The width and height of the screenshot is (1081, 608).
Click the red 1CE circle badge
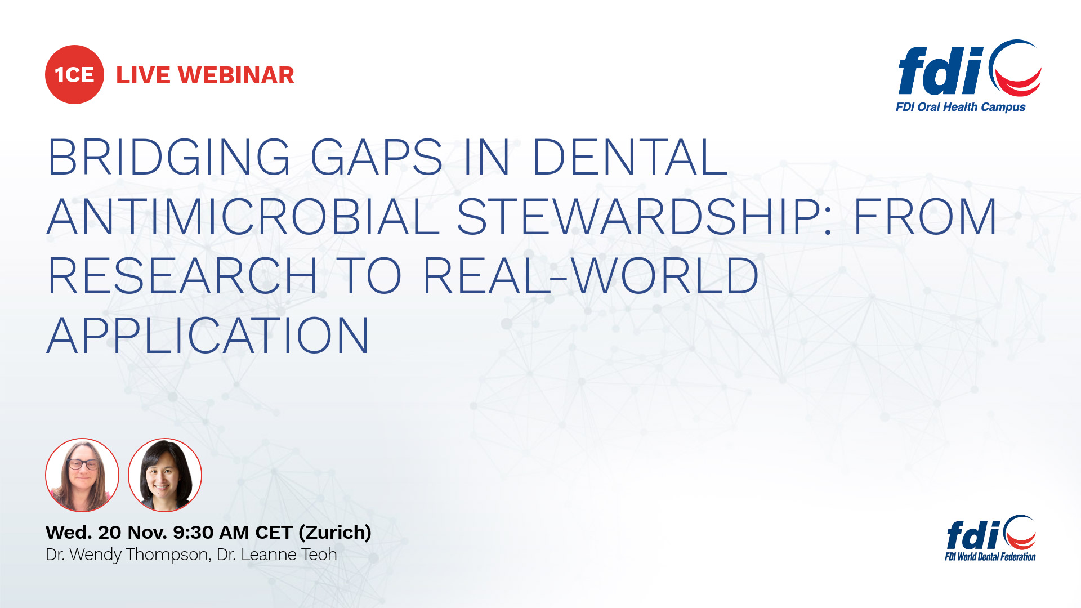click(x=74, y=75)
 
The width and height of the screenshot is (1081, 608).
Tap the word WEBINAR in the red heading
click(x=236, y=75)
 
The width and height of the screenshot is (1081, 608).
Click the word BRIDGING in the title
click(x=169, y=157)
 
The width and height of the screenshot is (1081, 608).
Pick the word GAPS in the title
click(x=376, y=157)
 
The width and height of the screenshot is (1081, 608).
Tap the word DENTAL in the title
click(x=629, y=157)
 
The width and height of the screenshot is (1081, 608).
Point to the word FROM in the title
click(x=925, y=217)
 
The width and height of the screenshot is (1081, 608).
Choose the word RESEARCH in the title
click(x=182, y=276)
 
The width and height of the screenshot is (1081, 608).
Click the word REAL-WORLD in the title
click(x=591, y=276)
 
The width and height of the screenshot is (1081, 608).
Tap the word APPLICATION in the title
click(x=208, y=336)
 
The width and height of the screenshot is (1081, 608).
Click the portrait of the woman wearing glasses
click(x=82, y=475)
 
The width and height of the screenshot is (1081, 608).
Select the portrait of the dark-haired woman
click(x=165, y=475)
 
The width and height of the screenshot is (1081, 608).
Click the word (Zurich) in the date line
click(x=335, y=533)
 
